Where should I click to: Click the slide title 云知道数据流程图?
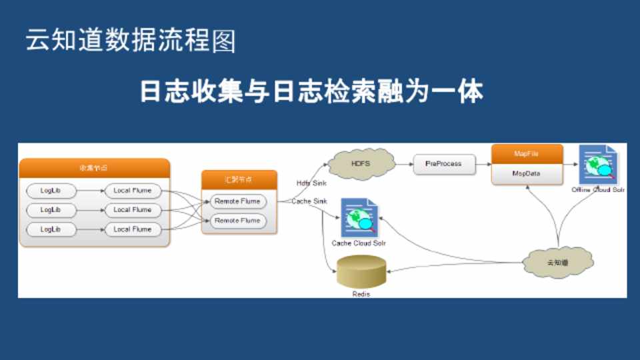(x=131, y=41)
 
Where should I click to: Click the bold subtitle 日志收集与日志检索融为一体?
(x=311, y=92)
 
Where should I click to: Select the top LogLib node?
(x=51, y=191)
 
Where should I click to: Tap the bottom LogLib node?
(x=51, y=229)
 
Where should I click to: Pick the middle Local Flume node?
(x=132, y=210)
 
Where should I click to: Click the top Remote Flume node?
(x=237, y=201)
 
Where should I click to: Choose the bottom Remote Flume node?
(x=237, y=221)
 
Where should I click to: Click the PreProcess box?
(x=443, y=164)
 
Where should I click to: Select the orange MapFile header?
(x=527, y=154)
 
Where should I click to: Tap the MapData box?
(x=527, y=173)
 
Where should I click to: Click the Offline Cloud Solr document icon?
(x=598, y=166)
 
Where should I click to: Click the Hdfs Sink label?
(x=311, y=183)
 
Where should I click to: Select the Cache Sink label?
(x=309, y=201)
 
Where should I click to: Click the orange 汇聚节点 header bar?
(x=239, y=179)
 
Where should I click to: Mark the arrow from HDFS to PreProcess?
(x=403, y=163)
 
